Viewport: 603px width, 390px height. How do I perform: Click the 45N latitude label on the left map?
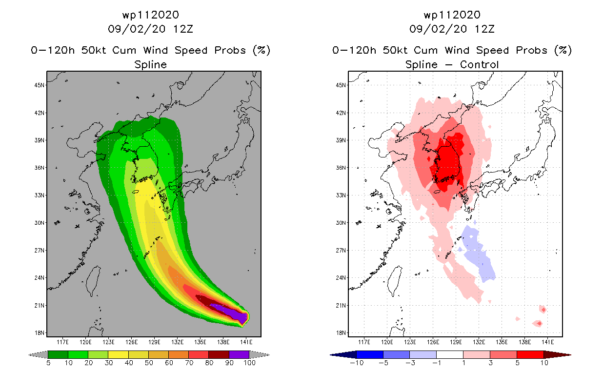[39, 85]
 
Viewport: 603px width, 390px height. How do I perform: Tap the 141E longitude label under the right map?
[547, 342]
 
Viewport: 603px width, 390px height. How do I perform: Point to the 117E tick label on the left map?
[62, 342]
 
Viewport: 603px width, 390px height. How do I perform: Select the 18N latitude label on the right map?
[341, 332]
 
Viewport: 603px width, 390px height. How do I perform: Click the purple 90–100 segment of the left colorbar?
[239, 354]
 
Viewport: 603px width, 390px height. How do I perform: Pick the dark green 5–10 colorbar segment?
[58, 354]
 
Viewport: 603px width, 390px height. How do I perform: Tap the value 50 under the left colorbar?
[149, 363]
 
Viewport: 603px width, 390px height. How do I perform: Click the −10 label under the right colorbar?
[357, 363]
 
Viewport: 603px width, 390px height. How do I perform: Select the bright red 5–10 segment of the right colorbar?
[530, 354]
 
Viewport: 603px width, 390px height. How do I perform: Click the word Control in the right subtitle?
[479, 64]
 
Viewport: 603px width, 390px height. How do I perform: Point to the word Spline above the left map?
[150, 64]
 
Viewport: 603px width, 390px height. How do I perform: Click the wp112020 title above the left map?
[150, 15]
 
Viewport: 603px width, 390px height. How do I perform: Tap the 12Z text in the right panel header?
[484, 29]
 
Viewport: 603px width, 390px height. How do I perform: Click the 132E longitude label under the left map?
[177, 342]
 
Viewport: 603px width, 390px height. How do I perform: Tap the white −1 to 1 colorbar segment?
[450, 354]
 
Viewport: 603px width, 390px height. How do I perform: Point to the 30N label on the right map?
[341, 223]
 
